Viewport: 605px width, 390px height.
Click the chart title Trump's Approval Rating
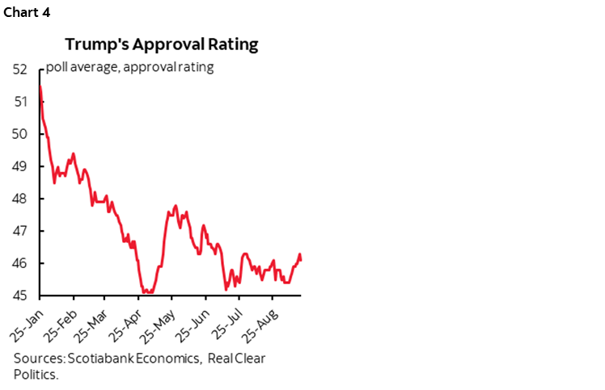click(162, 44)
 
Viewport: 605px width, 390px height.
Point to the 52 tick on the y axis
click(22, 69)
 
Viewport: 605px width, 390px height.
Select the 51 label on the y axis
click(22, 102)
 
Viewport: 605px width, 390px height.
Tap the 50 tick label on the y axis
click(22, 134)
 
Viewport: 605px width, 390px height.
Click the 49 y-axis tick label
click(22, 166)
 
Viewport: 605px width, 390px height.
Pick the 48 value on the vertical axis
click(22, 199)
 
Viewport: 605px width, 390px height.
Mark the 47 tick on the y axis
click(22, 231)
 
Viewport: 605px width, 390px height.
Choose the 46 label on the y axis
click(22, 263)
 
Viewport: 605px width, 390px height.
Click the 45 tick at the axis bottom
click(22, 296)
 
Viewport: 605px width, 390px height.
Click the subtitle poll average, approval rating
click(129, 67)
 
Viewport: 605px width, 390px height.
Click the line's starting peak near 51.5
click(40, 86)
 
